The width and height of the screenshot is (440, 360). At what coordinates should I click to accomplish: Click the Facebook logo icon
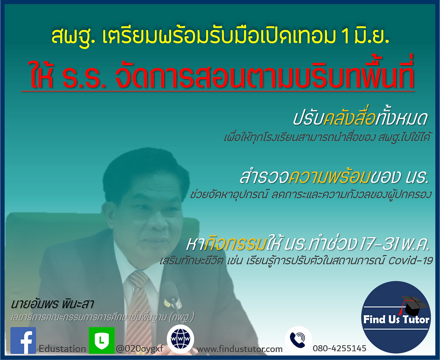(x=23, y=340)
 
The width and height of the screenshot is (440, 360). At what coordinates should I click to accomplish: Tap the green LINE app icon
(x=101, y=340)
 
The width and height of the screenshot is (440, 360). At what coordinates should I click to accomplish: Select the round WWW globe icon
(x=180, y=339)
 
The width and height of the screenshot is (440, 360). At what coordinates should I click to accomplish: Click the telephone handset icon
(x=298, y=340)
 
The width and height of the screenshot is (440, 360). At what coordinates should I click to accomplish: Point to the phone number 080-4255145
(x=339, y=348)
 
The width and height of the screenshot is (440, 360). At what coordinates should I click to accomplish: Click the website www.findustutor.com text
(x=240, y=349)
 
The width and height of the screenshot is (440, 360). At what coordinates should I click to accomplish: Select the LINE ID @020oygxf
(x=140, y=349)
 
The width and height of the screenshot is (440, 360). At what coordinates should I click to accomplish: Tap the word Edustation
(x=62, y=349)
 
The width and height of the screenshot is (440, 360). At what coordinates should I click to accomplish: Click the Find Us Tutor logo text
(x=396, y=319)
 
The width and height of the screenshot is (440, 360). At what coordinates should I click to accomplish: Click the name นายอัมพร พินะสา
(x=52, y=303)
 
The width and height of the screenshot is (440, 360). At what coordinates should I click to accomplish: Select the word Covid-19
(x=410, y=261)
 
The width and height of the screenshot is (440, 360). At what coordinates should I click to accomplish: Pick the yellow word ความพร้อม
(x=329, y=177)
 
